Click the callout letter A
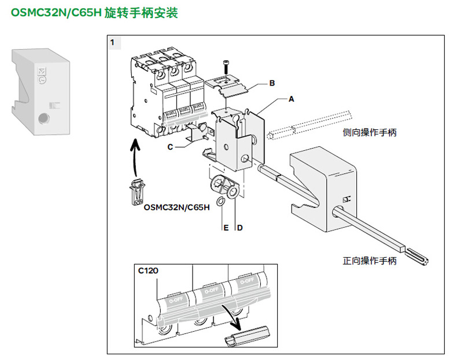click(292, 99)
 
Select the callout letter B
click(272, 83)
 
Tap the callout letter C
click(171, 147)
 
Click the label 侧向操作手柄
click(370, 133)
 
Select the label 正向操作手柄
click(370, 261)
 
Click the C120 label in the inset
click(148, 270)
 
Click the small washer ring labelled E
click(221, 202)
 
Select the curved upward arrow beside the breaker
click(134, 156)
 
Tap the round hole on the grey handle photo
click(42, 119)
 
